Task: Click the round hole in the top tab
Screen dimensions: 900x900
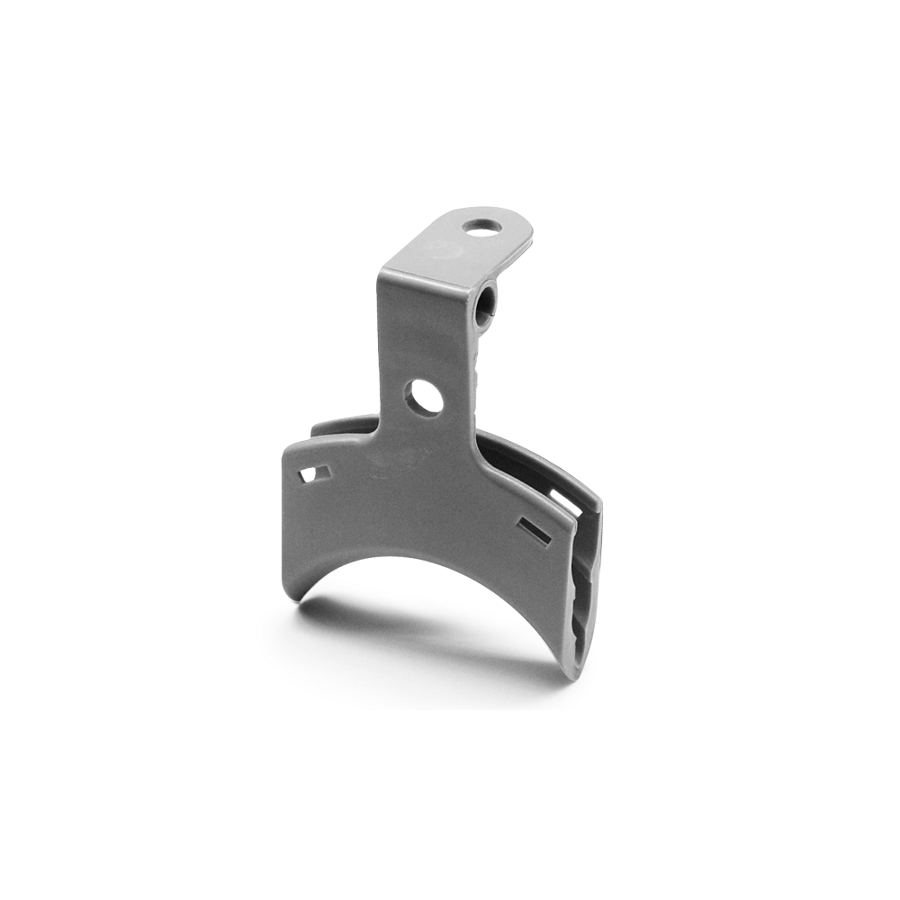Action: (x=484, y=226)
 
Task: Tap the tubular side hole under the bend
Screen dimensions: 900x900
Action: (x=485, y=304)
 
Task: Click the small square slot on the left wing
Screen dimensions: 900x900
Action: (x=314, y=472)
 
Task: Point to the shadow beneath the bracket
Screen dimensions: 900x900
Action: (x=423, y=630)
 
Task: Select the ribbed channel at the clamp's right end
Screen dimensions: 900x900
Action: (x=583, y=594)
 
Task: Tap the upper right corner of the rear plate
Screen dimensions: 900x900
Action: (x=596, y=493)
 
